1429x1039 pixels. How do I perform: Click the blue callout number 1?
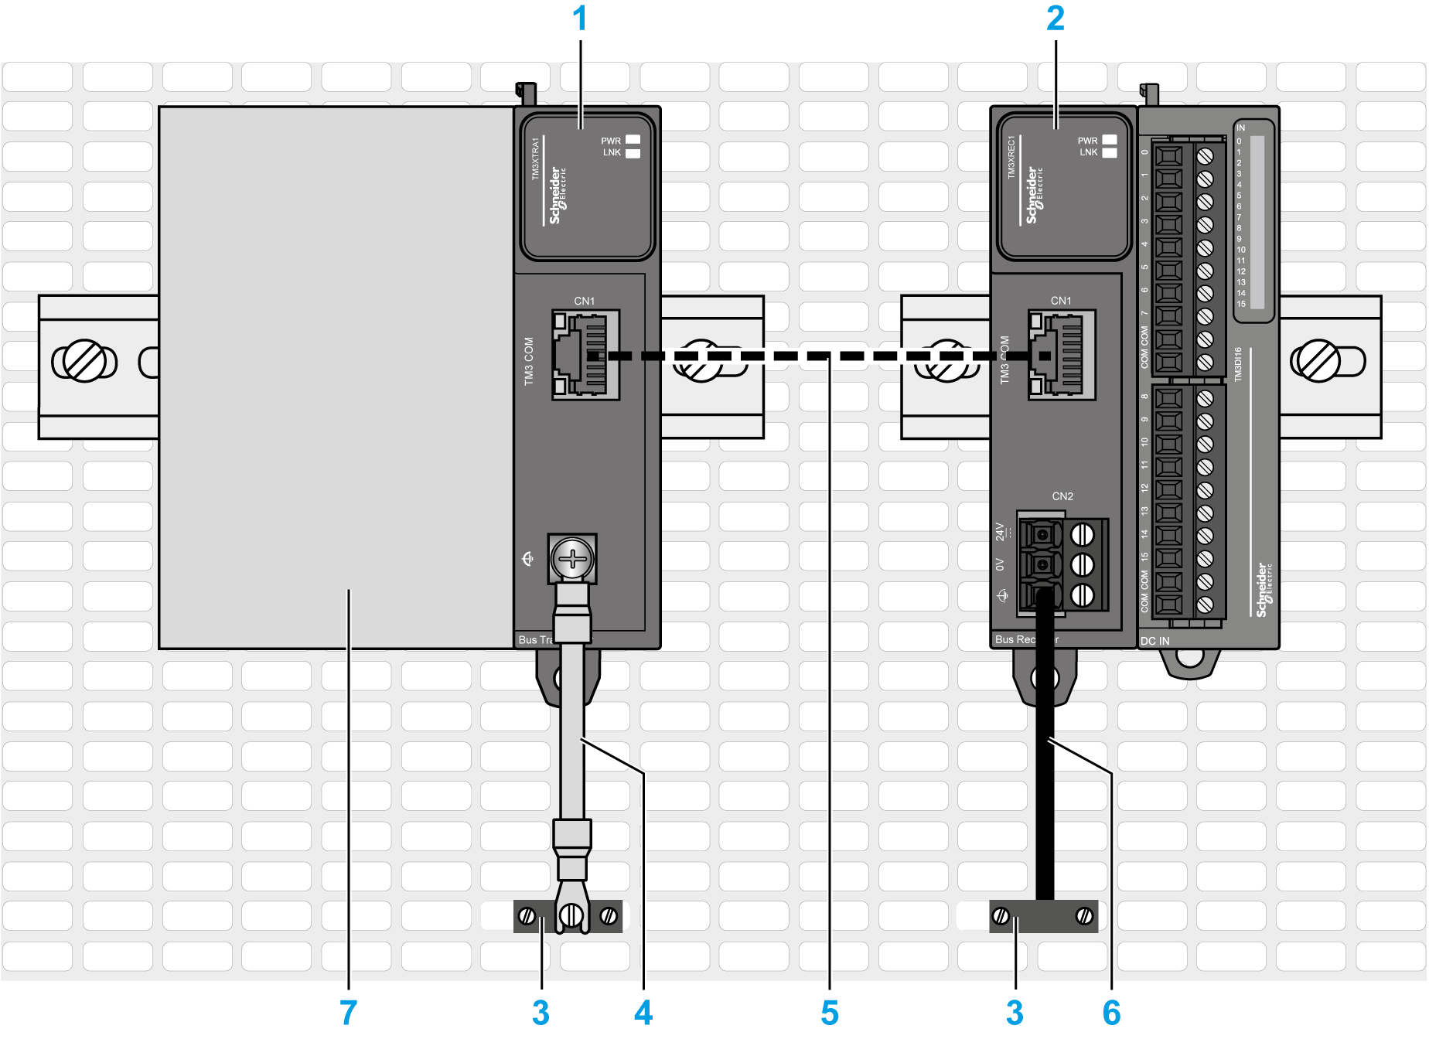pyautogui.click(x=580, y=19)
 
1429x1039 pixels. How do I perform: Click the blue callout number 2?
pyautogui.click(x=1056, y=19)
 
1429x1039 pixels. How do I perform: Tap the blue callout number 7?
pyautogui.click(x=348, y=1012)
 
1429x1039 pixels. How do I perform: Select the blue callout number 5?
pyautogui.click(x=829, y=1012)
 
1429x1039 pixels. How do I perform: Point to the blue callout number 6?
pyautogui.click(x=1111, y=1012)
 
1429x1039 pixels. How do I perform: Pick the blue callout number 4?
pyautogui.click(x=643, y=1012)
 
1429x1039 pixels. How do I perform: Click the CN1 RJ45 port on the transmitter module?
pyautogui.click(x=585, y=355)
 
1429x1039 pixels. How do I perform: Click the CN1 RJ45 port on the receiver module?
pyautogui.click(x=1062, y=355)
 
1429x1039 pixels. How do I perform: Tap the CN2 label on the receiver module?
pyautogui.click(x=1062, y=496)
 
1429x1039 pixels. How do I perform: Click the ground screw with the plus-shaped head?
pyautogui.click(x=572, y=558)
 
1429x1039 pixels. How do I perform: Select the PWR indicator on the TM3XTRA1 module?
pyautogui.click(x=633, y=140)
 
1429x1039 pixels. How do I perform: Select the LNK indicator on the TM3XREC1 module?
pyautogui.click(x=1109, y=153)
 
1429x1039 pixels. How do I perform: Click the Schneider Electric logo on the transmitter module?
pyautogui.click(x=557, y=196)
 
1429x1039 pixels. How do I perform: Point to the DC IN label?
pyautogui.click(x=1154, y=641)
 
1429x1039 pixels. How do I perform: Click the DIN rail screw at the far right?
pyautogui.click(x=1318, y=361)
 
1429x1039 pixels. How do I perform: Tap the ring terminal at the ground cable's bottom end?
pyautogui.click(x=571, y=914)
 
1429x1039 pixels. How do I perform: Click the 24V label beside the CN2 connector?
pyautogui.click(x=1001, y=531)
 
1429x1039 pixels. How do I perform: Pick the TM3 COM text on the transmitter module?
pyautogui.click(x=529, y=361)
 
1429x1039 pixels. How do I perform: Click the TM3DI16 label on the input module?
pyautogui.click(x=1237, y=364)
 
